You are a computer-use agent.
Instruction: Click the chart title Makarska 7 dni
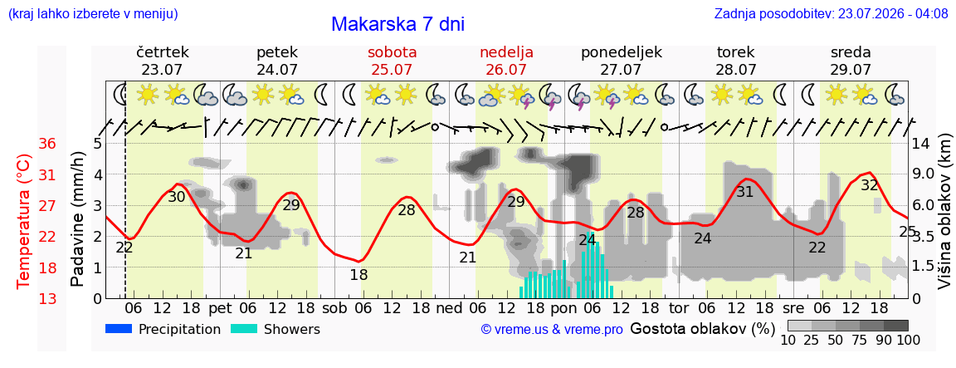(398, 24)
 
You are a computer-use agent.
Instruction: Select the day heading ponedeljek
(622, 52)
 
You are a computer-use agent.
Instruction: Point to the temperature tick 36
(47, 144)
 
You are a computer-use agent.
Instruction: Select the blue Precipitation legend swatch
(119, 329)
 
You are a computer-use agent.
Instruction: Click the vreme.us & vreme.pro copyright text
(552, 330)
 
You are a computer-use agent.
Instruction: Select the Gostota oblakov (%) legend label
(702, 330)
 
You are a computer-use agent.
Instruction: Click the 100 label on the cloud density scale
(908, 340)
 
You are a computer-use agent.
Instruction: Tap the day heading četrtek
(162, 52)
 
